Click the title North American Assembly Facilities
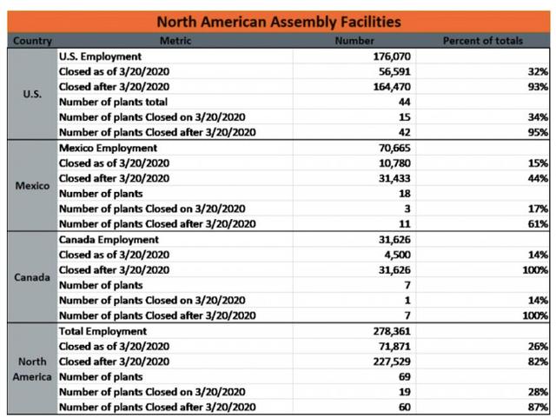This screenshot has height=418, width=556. [279, 22]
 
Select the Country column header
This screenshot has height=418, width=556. [32, 41]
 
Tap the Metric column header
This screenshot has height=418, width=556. [175, 41]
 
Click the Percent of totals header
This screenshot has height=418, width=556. [483, 41]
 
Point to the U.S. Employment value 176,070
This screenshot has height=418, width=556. [392, 56]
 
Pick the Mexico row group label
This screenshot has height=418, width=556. [32, 186]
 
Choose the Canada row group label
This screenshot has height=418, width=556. [32, 277]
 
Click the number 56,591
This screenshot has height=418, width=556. [394, 71]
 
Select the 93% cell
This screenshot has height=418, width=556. [538, 87]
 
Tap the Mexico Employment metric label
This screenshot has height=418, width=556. [108, 148]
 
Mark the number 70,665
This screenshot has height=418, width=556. [394, 148]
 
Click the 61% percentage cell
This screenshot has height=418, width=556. [538, 224]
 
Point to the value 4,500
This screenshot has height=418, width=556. [397, 255]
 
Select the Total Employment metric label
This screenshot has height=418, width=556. [103, 331]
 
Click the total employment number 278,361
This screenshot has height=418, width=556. [392, 331]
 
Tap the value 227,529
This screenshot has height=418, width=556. [392, 362]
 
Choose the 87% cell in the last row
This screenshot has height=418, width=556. [538, 407]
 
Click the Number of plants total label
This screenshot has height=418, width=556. [113, 103]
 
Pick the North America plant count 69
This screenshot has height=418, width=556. [405, 377]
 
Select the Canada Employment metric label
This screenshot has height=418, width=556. [109, 240]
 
